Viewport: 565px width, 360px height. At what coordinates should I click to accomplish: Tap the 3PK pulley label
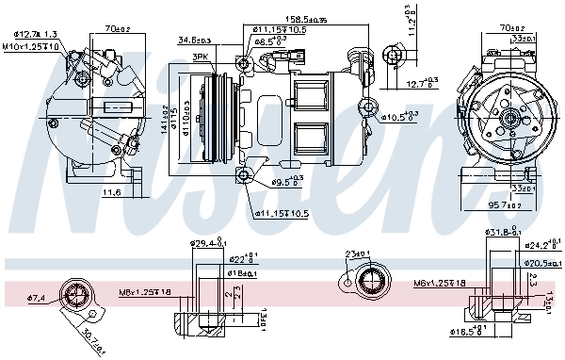pyautogui.click(x=200, y=57)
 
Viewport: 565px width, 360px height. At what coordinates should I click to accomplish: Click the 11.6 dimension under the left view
pyautogui.click(x=111, y=193)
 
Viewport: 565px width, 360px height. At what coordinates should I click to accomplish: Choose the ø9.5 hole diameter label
pyautogui.click(x=287, y=180)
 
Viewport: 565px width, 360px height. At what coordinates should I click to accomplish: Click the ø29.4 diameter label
pyautogui.click(x=208, y=244)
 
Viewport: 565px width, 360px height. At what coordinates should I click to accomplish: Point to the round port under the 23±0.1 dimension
pyautogui.click(x=366, y=281)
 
